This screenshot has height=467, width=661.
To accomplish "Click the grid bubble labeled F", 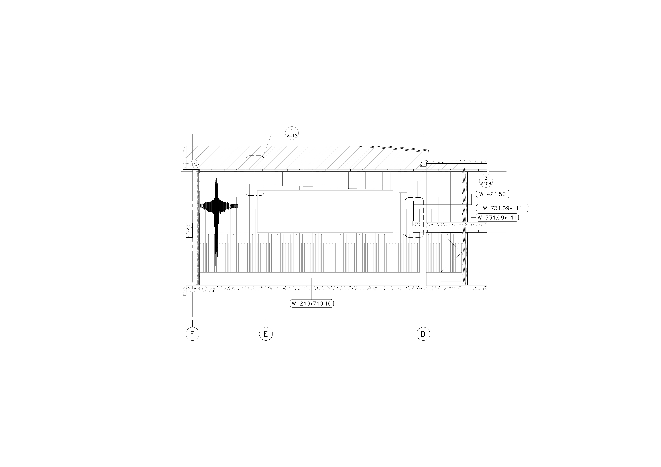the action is click(x=192, y=334).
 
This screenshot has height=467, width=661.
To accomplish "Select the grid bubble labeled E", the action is click(x=266, y=334).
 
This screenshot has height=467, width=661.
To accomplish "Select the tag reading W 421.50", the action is click(x=493, y=194).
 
